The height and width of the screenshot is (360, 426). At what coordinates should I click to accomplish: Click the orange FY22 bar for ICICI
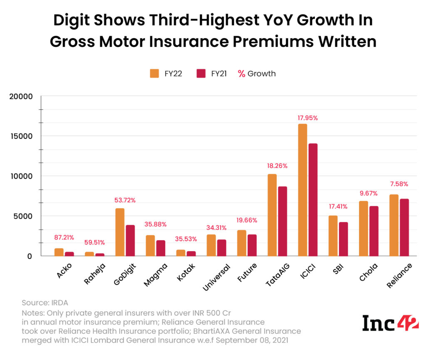[302, 190]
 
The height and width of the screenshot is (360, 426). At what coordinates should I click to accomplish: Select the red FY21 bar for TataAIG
[282, 221]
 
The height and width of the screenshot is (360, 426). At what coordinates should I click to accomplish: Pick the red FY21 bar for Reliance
[404, 227]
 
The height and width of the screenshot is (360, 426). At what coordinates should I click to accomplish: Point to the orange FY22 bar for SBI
[333, 236]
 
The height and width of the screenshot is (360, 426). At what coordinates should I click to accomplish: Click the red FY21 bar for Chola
[374, 231]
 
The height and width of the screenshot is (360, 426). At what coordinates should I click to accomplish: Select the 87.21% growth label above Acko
[64, 237]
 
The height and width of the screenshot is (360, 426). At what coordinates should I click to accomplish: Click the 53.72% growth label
[125, 200]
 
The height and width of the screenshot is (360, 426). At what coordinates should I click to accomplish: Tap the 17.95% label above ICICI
[307, 118]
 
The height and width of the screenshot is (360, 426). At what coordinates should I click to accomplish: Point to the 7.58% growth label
[399, 184]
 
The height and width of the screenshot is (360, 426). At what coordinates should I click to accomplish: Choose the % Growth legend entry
[257, 74]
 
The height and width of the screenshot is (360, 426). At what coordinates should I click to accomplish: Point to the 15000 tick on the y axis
[21, 136]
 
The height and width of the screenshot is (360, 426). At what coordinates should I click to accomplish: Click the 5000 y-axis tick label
[23, 216]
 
